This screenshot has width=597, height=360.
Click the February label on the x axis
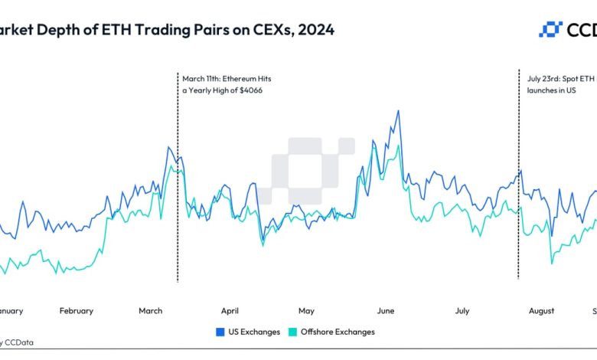[x=77, y=311]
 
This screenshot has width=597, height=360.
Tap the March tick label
[x=151, y=311]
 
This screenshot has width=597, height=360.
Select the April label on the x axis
[x=230, y=311]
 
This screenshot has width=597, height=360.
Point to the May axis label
[x=306, y=311]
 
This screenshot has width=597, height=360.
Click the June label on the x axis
[x=385, y=311]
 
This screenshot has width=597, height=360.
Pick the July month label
[x=462, y=311]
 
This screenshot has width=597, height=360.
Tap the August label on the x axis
[x=541, y=311]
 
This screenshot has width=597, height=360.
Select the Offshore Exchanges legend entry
[x=338, y=332]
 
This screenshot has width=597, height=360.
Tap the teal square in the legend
[x=291, y=332]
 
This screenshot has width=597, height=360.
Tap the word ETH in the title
[x=117, y=30]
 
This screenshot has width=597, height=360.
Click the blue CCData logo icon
[x=551, y=30]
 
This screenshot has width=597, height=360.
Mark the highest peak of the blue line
[x=398, y=111]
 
